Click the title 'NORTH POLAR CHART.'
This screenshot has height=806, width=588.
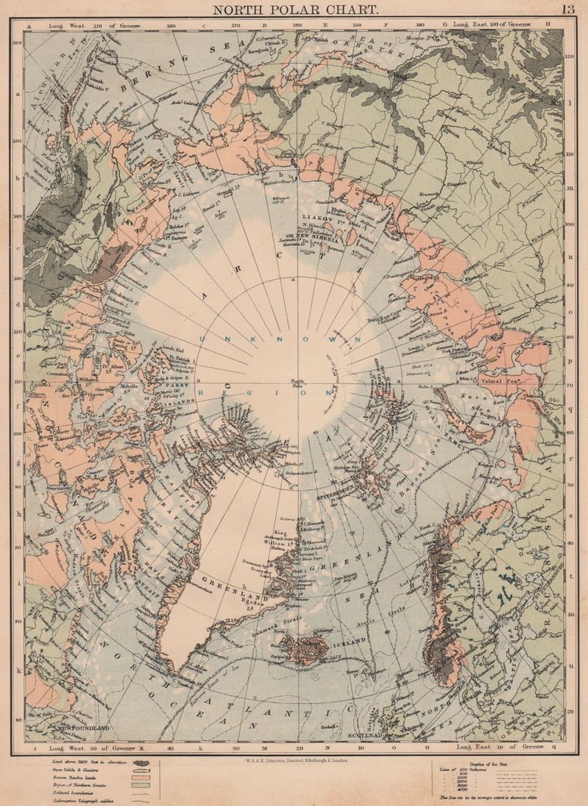[295, 10]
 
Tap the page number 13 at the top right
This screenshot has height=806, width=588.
[568, 10]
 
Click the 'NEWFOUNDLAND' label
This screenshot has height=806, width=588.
[81, 728]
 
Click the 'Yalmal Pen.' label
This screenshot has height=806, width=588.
[499, 381]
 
